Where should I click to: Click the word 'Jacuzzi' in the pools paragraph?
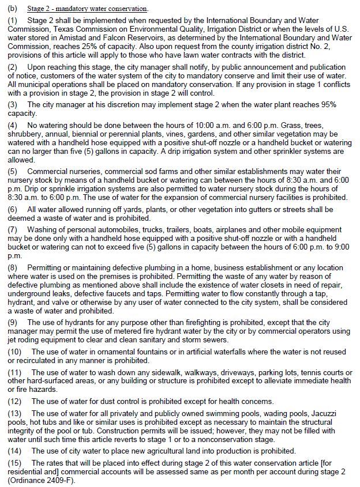point(330,413)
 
